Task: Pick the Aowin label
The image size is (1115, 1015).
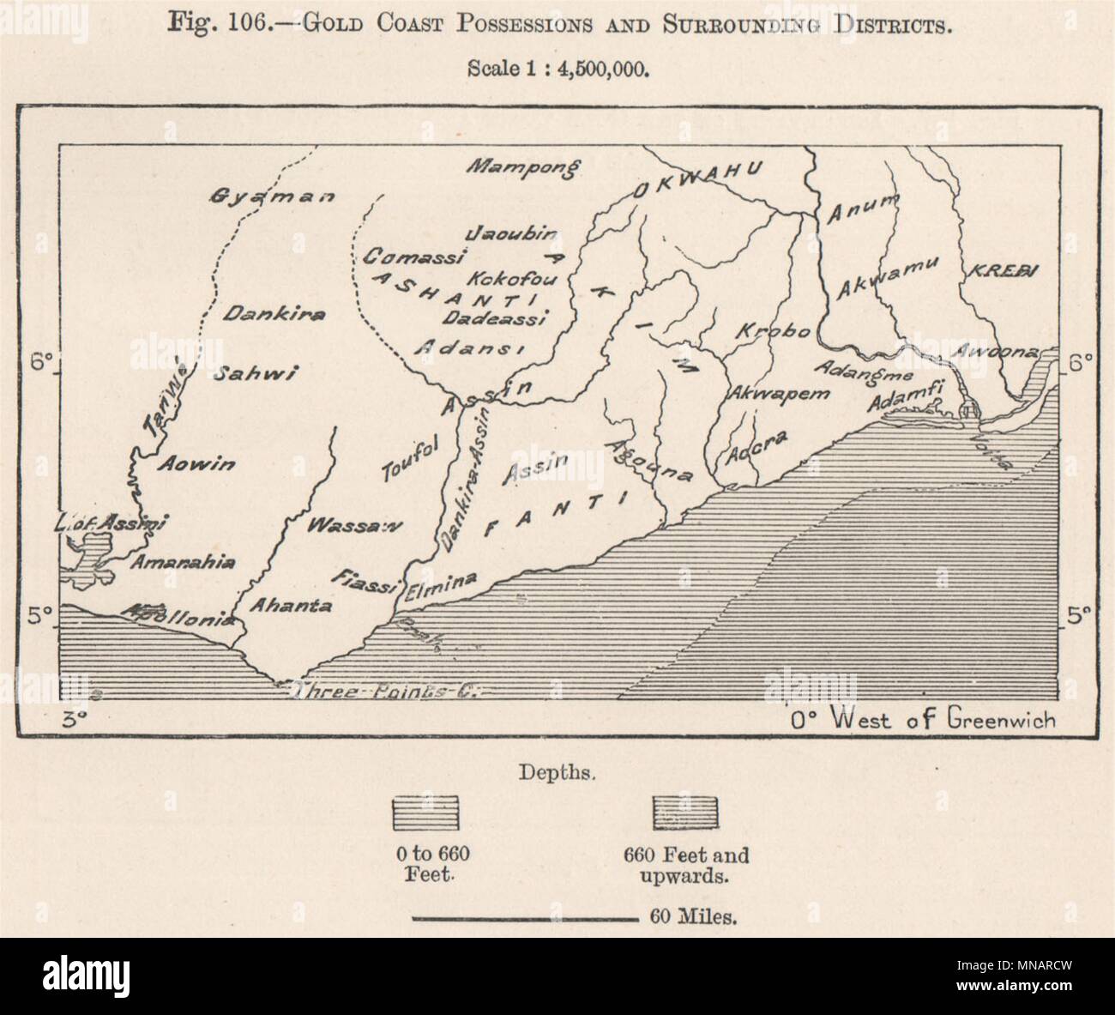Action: (196, 464)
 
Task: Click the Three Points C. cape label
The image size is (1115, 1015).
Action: (383, 692)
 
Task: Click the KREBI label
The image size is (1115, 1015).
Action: (1003, 271)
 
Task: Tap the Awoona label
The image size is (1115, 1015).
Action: (1023, 352)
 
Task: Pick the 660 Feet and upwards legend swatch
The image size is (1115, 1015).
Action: (685, 813)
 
